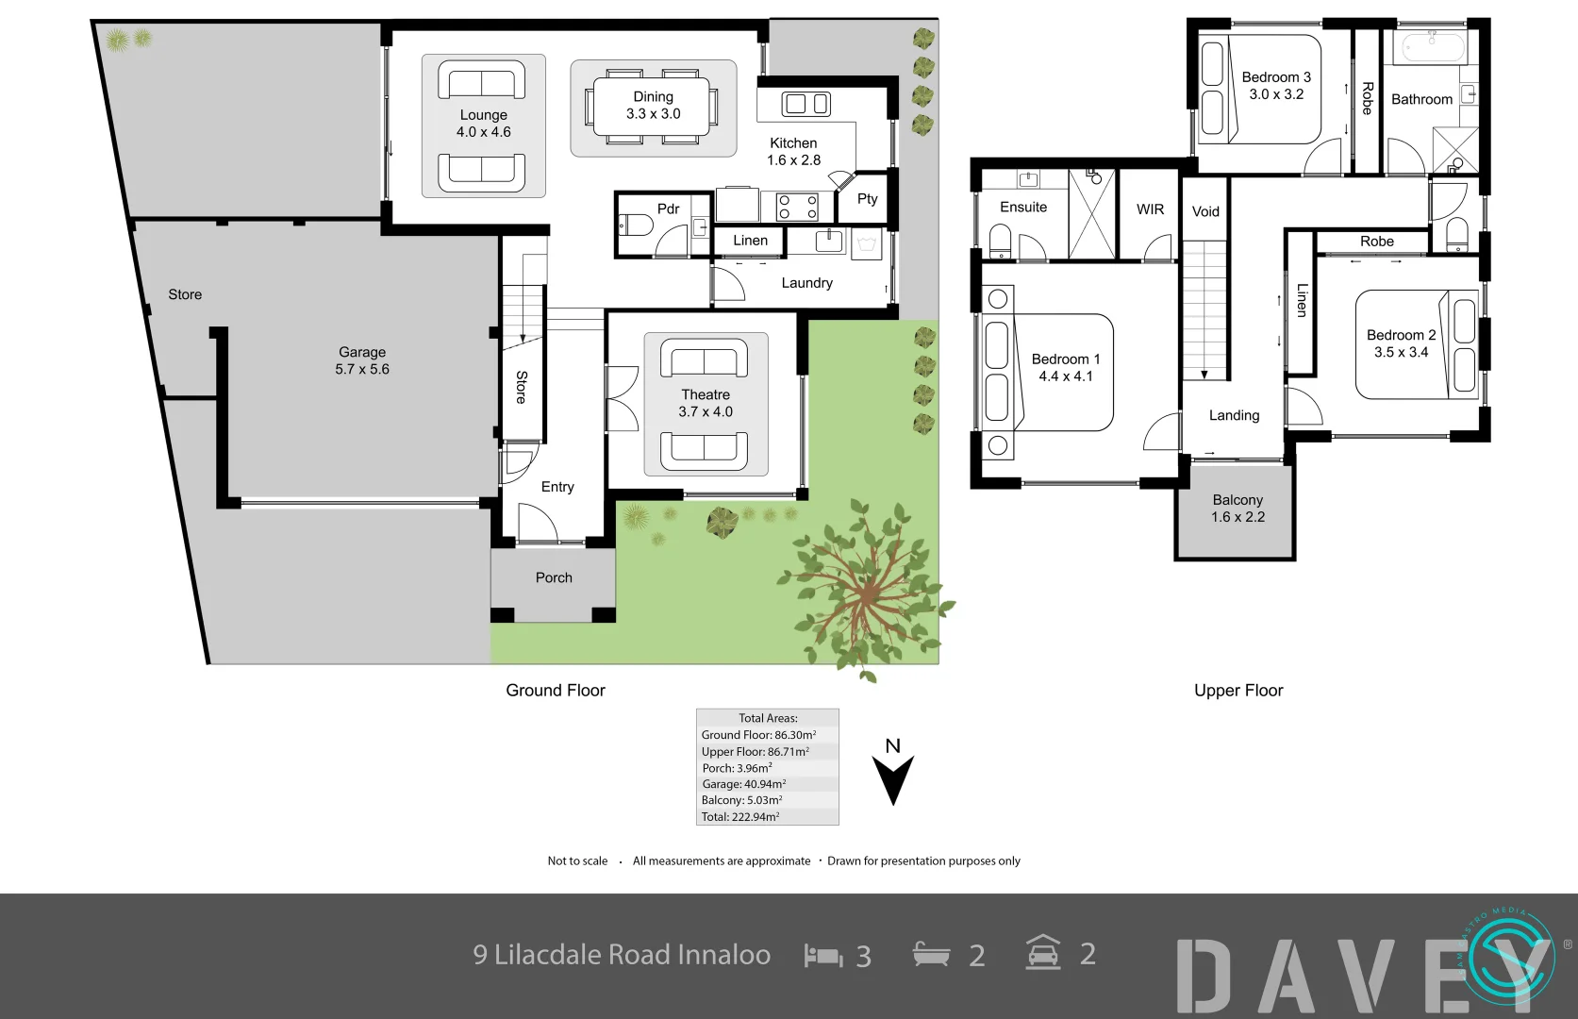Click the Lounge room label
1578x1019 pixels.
(x=483, y=115)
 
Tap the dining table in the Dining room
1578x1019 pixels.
(x=653, y=106)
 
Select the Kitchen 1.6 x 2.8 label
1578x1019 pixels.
(x=793, y=152)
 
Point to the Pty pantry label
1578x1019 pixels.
(x=867, y=198)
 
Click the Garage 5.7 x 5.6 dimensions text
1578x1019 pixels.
(x=362, y=369)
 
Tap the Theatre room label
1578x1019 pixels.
(x=706, y=394)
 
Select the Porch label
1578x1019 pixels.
(x=554, y=577)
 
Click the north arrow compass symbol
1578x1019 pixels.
(x=892, y=778)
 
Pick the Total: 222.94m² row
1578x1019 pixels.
(x=740, y=817)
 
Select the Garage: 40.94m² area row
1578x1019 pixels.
(x=743, y=784)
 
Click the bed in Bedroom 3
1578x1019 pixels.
(x=1259, y=91)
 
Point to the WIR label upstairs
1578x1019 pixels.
(x=1150, y=209)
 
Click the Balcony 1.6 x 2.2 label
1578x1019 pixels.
(x=1237, y=509)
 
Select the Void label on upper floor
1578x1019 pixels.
(x=1205, y=211)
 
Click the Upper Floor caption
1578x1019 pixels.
(x=1238, y=691)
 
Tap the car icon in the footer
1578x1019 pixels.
(x=1043, y=953)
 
